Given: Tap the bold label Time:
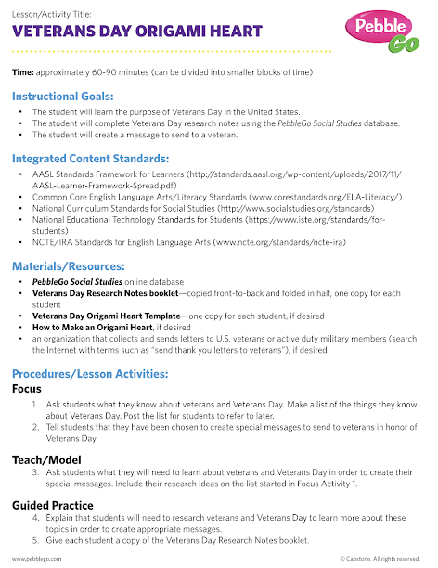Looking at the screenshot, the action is pyautogui.click(x=23, y=71).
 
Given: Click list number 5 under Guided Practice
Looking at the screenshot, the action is pyautogui.click(x=35, y=539).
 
